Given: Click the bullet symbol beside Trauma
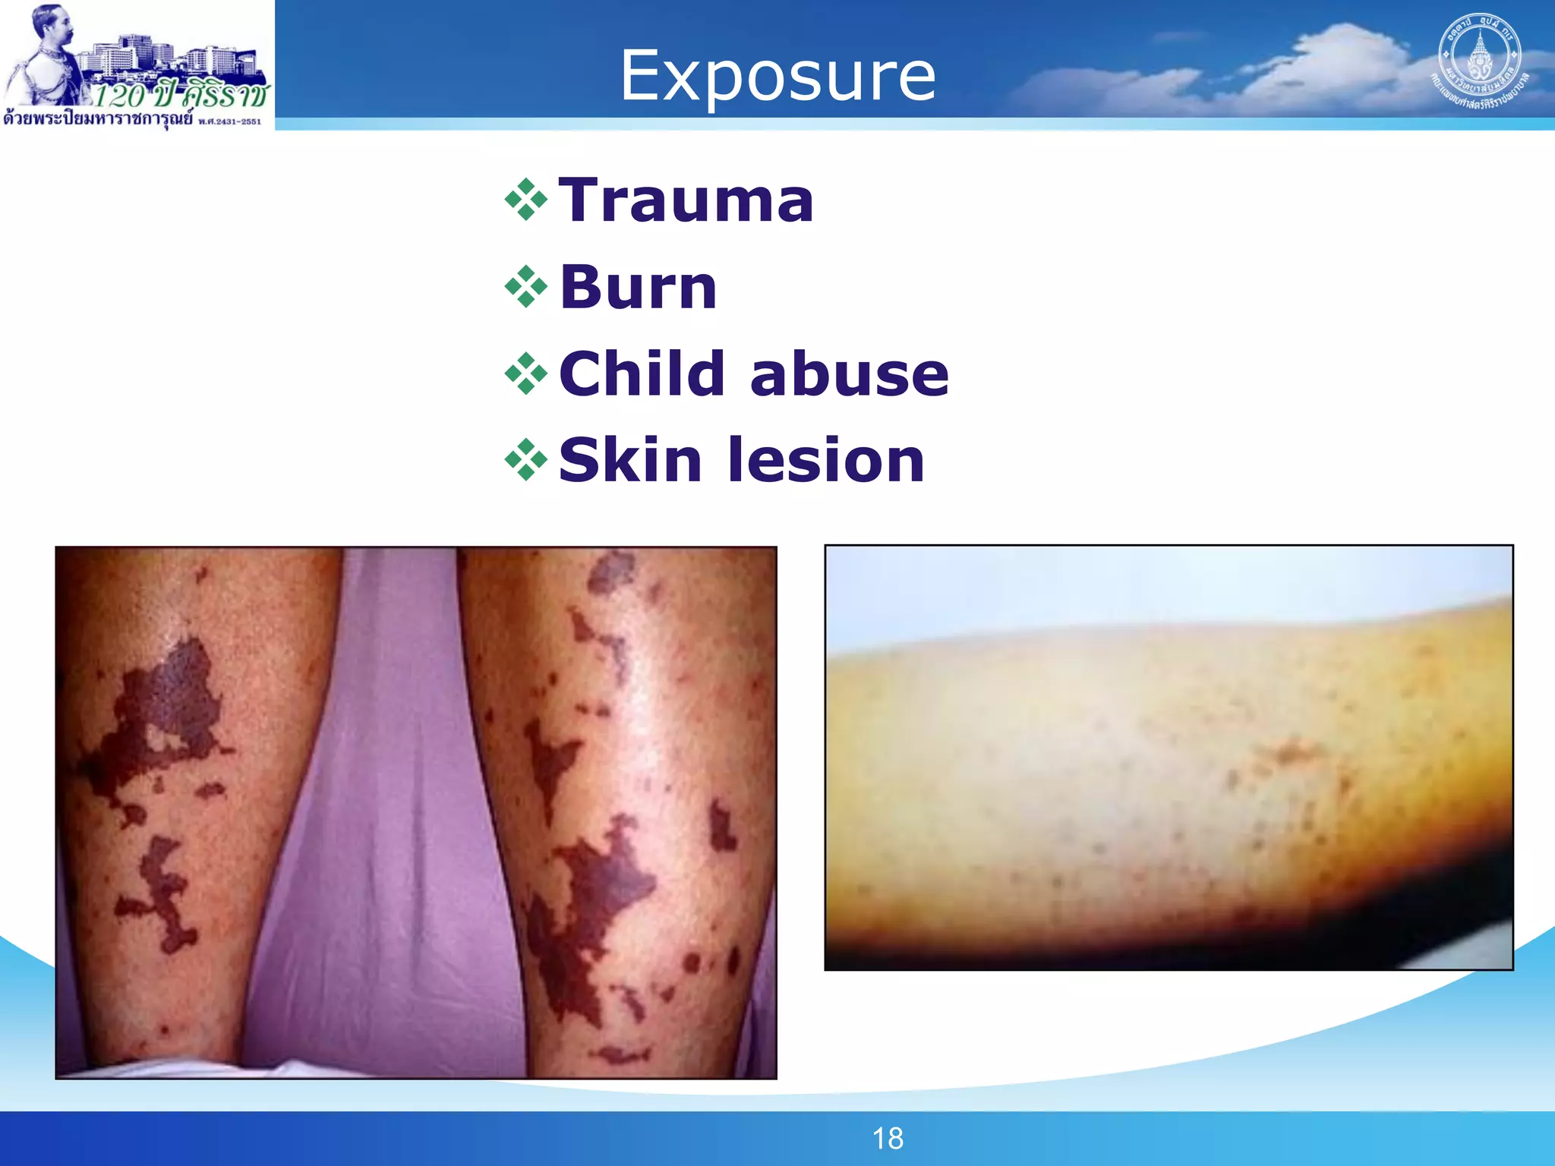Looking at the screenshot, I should click(x=525, y=200).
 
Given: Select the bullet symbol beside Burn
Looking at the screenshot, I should click(x=525, y=287).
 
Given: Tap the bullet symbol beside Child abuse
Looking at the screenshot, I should click(x=525, y=373).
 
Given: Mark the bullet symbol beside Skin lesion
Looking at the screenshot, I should click(x=525, y=460).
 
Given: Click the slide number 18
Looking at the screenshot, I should click(x=888, y=1138).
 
